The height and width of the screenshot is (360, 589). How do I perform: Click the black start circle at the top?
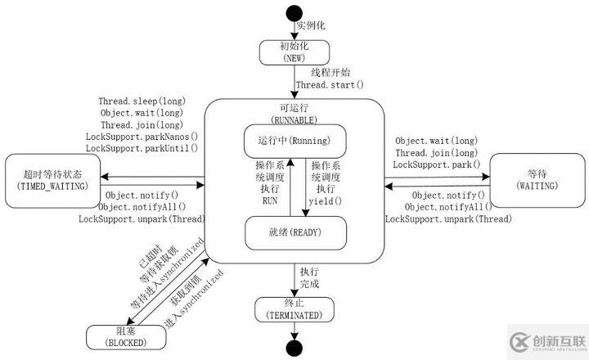294,15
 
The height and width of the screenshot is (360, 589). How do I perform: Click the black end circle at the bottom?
294,348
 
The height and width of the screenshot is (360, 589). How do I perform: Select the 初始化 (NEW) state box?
294,52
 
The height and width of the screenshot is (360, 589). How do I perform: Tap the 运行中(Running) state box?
294,141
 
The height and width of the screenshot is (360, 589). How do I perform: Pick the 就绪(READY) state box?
294,232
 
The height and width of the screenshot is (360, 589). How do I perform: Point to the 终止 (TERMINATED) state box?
294,308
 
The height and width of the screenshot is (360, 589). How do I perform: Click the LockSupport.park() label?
436,166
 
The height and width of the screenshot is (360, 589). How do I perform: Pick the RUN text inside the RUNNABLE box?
270,199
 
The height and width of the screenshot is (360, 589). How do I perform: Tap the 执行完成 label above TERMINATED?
308,277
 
